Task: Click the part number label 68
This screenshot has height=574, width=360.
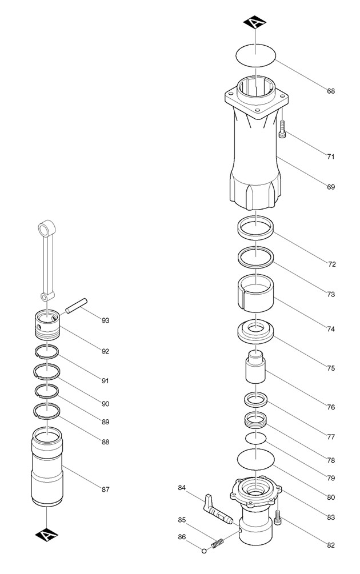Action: (331, 91)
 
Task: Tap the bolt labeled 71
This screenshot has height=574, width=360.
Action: (282, 130)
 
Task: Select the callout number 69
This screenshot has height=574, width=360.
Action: (331, 187)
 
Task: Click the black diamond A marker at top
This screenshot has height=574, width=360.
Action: (256, 23)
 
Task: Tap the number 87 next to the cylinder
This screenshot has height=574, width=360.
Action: (105, 489)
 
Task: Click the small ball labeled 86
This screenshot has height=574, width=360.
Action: (204, 551)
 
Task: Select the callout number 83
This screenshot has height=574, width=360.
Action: (331, 517)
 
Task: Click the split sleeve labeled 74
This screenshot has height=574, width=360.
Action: (257, 292)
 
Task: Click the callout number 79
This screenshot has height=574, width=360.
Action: (331, 478)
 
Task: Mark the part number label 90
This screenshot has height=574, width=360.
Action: (105, 404)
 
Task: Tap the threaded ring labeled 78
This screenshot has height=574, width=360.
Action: (256, 421)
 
